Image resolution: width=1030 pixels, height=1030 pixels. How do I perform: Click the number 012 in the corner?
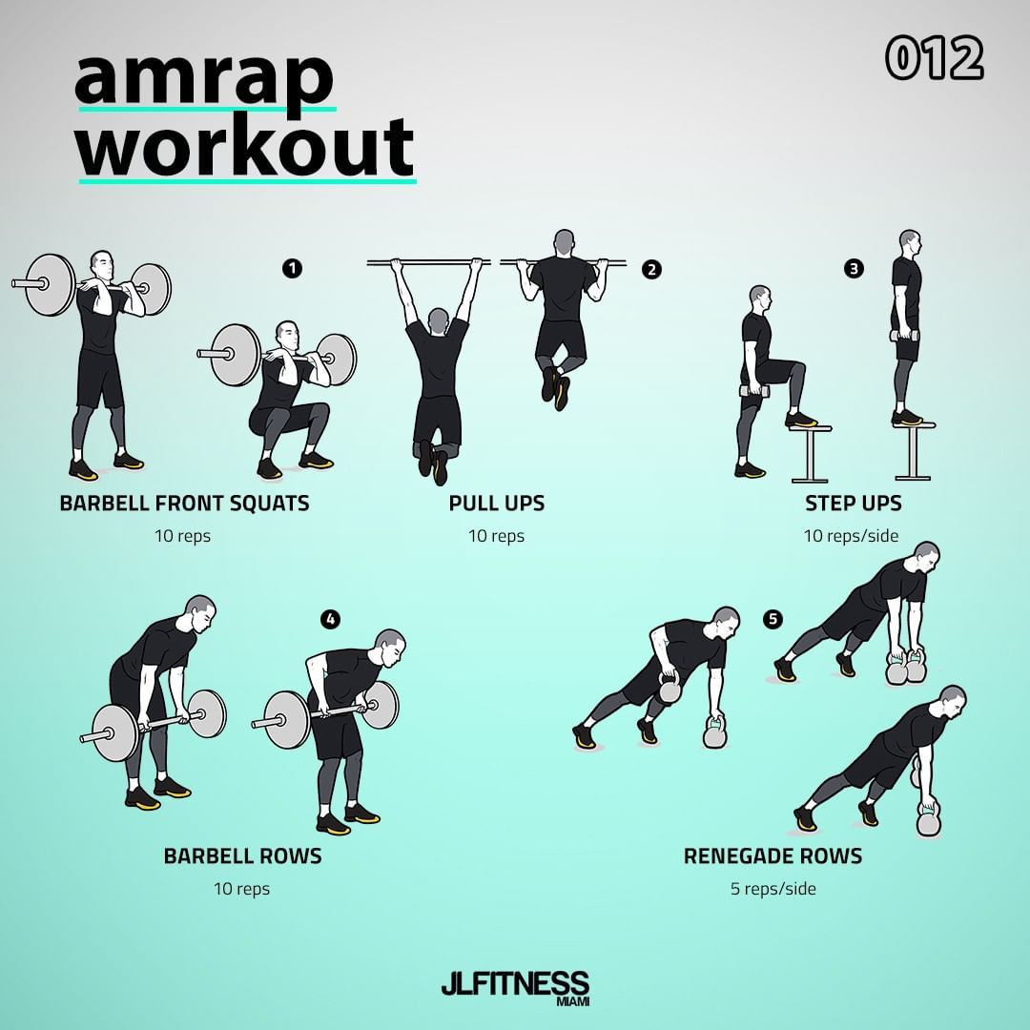pyautogui.click(x=934, y=58)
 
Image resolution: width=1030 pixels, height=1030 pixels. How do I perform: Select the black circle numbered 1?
pyautogui.click(x=293, y=268)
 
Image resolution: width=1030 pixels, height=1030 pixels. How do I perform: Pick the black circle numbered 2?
pyautogui.click(x=651, y=269)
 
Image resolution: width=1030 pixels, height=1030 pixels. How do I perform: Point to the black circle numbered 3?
pyautogui.click(x=854, y=268)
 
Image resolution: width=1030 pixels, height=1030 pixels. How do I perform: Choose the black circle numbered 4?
pyautogui.click(x=330, y=619)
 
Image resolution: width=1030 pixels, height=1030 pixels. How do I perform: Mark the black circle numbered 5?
pyautogui.click(x=773, y=619)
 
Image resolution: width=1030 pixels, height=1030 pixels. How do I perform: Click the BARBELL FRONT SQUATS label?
pyautogui.click(x=185, y=504)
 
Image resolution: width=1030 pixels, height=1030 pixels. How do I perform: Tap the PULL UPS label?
pyautogui.click(x=497, y=504)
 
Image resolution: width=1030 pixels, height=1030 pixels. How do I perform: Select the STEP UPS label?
pyautogui.click(x=854, y=504)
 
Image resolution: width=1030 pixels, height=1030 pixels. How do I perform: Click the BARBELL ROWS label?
pyautogui.click(x=243, y=855)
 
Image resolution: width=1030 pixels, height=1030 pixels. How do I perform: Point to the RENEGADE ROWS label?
pyautogui.click(x=773, y=855)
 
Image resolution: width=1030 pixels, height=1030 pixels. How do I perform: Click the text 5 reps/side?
pyautogui.click(x=773, y=889)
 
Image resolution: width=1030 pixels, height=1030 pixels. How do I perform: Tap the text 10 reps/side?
pyautogui.click(x=852, y=536)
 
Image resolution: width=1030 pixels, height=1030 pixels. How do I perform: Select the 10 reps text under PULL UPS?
pyautogui.click(x=497, y=536)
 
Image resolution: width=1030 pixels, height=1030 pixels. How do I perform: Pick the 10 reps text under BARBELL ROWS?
pyautogui.click(x=241, y=889)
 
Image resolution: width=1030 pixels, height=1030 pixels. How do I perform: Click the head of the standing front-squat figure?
pyautogui.click(x=102, y=265)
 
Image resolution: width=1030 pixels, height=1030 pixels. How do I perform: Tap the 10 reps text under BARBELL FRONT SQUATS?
pyautogui.click(x=182, y=536)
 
